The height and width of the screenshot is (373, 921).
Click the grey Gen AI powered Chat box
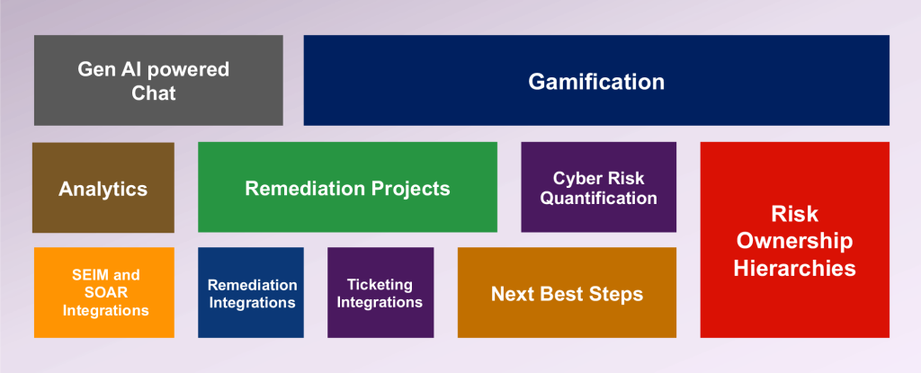[158, 81]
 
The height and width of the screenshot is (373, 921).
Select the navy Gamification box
[596, 81]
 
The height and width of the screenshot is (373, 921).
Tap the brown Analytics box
[103, 187]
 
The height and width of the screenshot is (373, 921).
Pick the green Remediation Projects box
[348, 187]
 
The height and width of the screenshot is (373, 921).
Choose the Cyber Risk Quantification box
[598, 187]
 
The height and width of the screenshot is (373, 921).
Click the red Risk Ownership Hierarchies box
[795, 240]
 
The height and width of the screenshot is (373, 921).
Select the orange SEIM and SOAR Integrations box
[104, 292]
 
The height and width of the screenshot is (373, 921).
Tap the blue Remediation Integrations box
[251, 292]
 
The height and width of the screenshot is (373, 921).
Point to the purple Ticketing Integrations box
[380, 292]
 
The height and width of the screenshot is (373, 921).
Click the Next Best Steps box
[567, 292]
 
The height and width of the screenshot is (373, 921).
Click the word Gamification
[596, 82]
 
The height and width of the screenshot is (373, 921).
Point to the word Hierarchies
[795, 269]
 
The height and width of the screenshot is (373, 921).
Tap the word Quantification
[598, 198]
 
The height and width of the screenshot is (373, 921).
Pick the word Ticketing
[380, 285]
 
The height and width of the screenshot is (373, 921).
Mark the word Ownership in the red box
[795, 241]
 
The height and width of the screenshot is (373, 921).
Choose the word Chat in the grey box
[153, 93]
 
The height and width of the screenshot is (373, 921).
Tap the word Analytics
[103, 189]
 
